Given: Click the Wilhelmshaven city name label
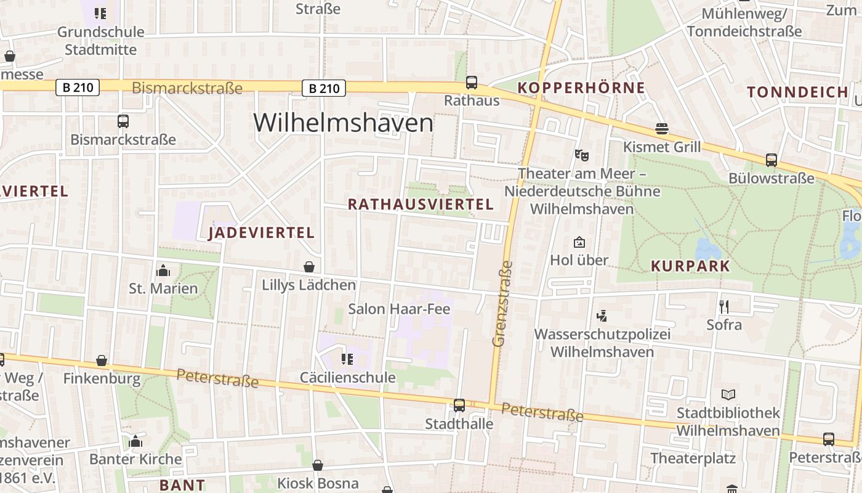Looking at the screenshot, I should coord(343,123).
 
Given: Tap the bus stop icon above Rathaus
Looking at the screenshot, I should coord(472,82).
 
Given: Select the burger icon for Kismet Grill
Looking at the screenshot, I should coord(662,129).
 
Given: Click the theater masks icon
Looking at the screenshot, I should coord(579,155).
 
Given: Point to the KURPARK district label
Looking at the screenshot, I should coord(690,266).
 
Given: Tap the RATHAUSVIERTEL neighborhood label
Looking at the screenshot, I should coord(421,204).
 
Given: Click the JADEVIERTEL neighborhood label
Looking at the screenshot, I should coord(262,232).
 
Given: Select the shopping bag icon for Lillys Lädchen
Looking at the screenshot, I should coord(309,267).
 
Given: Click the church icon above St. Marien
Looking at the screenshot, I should coord(163,270).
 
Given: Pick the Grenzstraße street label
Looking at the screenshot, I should coord(502,303).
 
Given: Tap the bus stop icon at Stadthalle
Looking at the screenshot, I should coord(459,405).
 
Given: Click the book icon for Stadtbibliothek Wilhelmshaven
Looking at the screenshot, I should coord(728,394).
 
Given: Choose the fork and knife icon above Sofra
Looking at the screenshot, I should coord(724,306).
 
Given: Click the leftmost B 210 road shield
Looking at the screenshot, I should coord(78,88).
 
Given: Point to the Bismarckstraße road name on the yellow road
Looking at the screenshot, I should coord(187,88).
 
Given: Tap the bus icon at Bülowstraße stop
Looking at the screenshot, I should coord(771,160).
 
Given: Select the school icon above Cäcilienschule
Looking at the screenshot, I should coord(347,359).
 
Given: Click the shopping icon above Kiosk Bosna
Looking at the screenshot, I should coord(318,465).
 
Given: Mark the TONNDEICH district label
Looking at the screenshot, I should coord(797,92).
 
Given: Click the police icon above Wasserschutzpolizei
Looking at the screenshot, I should coord(602,316).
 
